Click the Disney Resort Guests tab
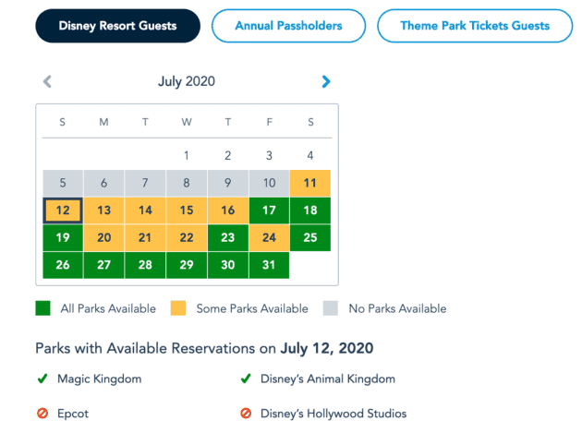[117, 26]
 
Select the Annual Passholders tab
[288, 26]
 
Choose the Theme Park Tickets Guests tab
[474, 26]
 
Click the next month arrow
[325, 81]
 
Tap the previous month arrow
[47, 81]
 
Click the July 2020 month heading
[187, 81]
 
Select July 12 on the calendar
[63, 210]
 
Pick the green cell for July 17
[269, 210]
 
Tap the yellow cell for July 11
[310, 183]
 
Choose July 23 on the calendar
[228, 237]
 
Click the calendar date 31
[269, 265]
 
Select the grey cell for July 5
[63, 183]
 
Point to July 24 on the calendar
[269, 237]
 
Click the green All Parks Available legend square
[42, 308]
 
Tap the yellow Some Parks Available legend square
[179, 308]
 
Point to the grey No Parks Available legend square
[331, 308]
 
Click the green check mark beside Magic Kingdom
[42, 379]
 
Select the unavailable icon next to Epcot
[42, 414]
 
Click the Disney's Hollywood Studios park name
[334, 414]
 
